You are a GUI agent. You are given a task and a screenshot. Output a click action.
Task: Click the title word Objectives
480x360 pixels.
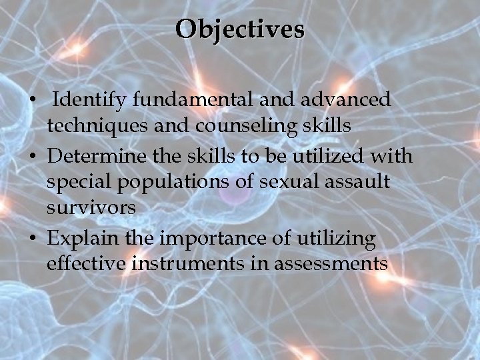point(240,29)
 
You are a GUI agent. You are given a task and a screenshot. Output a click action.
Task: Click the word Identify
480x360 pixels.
point(90,100)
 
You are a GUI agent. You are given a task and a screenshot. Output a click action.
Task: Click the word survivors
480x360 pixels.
point(91,207)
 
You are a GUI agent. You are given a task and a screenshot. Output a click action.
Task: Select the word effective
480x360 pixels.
point(88,263)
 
